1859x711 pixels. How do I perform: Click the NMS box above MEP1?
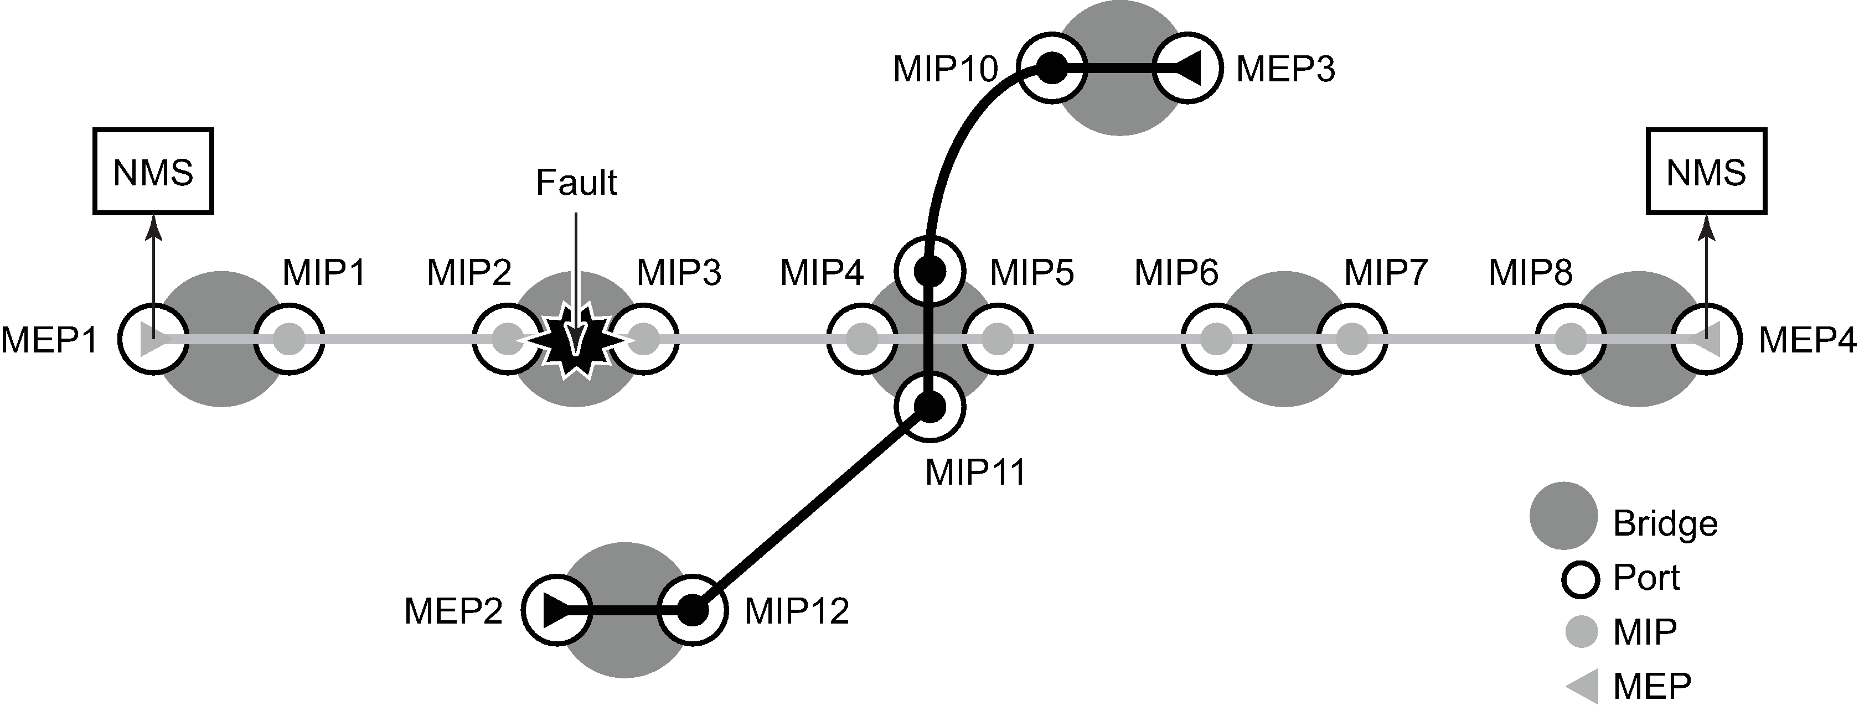(x=153, y=172)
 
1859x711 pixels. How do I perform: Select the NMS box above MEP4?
(x=1706, y=172)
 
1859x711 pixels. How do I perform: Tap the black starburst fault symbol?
(x=576, y=339)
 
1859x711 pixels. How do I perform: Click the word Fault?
(x=576, y=183)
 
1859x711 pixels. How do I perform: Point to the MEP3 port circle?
(x=1187, y=69)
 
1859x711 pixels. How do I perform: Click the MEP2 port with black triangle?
(x=556, y=611)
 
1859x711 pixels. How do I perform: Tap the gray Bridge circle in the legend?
(x=1563, y=516)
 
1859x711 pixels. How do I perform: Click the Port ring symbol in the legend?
(x=1581, y=578)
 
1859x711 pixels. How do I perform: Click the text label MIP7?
(x=1386, y=273)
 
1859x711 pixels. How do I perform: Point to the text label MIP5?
(x=1031, y=273)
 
